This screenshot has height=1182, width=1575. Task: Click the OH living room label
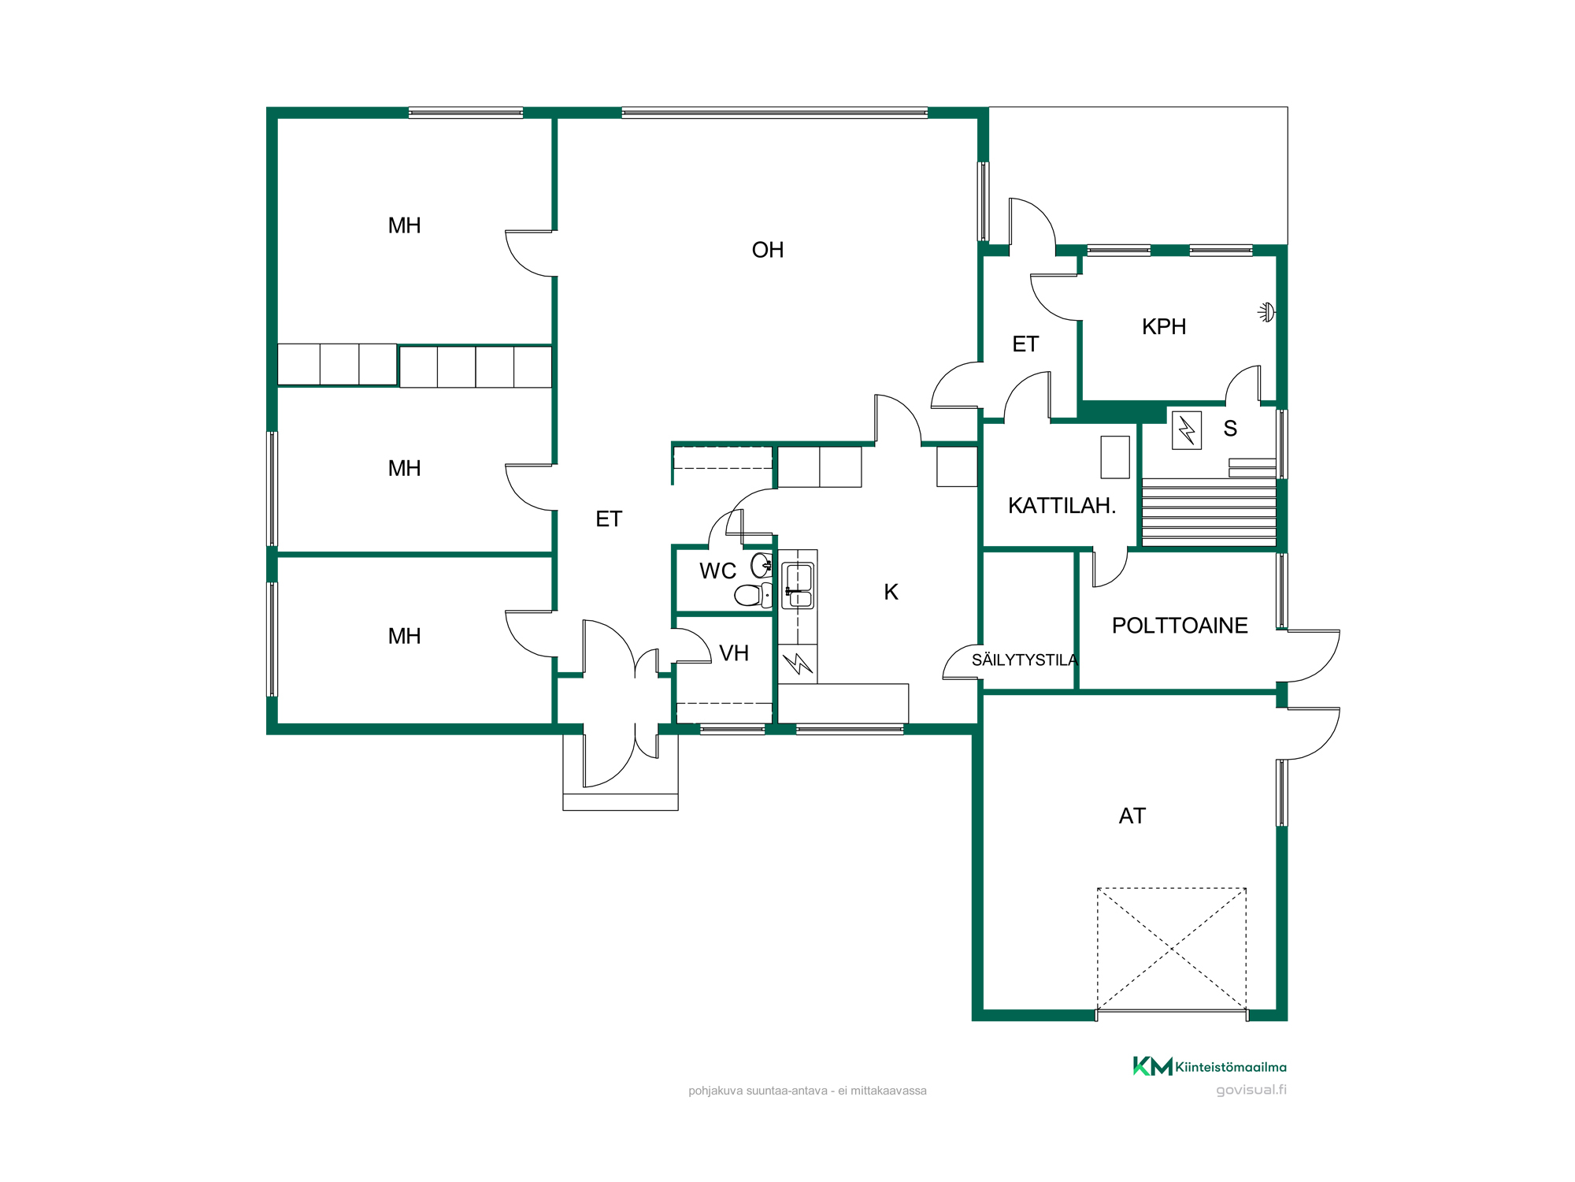768,250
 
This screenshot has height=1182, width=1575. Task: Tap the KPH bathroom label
1164,326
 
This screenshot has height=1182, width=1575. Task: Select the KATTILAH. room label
1062,505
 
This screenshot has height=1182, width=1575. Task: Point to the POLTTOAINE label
1180,626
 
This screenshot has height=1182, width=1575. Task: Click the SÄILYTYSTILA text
1025,660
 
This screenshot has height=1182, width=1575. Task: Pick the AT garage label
1132,816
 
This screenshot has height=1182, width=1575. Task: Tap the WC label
717,571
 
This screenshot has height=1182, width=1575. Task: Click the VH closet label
734,653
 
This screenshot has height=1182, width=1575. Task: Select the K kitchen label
891,592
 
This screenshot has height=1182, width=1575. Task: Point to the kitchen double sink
798,585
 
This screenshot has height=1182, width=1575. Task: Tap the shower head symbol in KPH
1266,312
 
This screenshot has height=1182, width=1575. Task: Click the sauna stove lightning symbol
1187,430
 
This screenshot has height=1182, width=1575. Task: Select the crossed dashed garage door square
1172,949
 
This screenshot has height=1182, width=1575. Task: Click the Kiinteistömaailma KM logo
1210,1066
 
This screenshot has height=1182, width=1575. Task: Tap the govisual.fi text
1251,1090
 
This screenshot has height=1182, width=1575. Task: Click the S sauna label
1230,429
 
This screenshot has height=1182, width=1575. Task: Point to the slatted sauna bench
1209,512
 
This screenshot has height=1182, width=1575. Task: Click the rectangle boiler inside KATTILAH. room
1115,457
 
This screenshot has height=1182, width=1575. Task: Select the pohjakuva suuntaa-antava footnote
807,1091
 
